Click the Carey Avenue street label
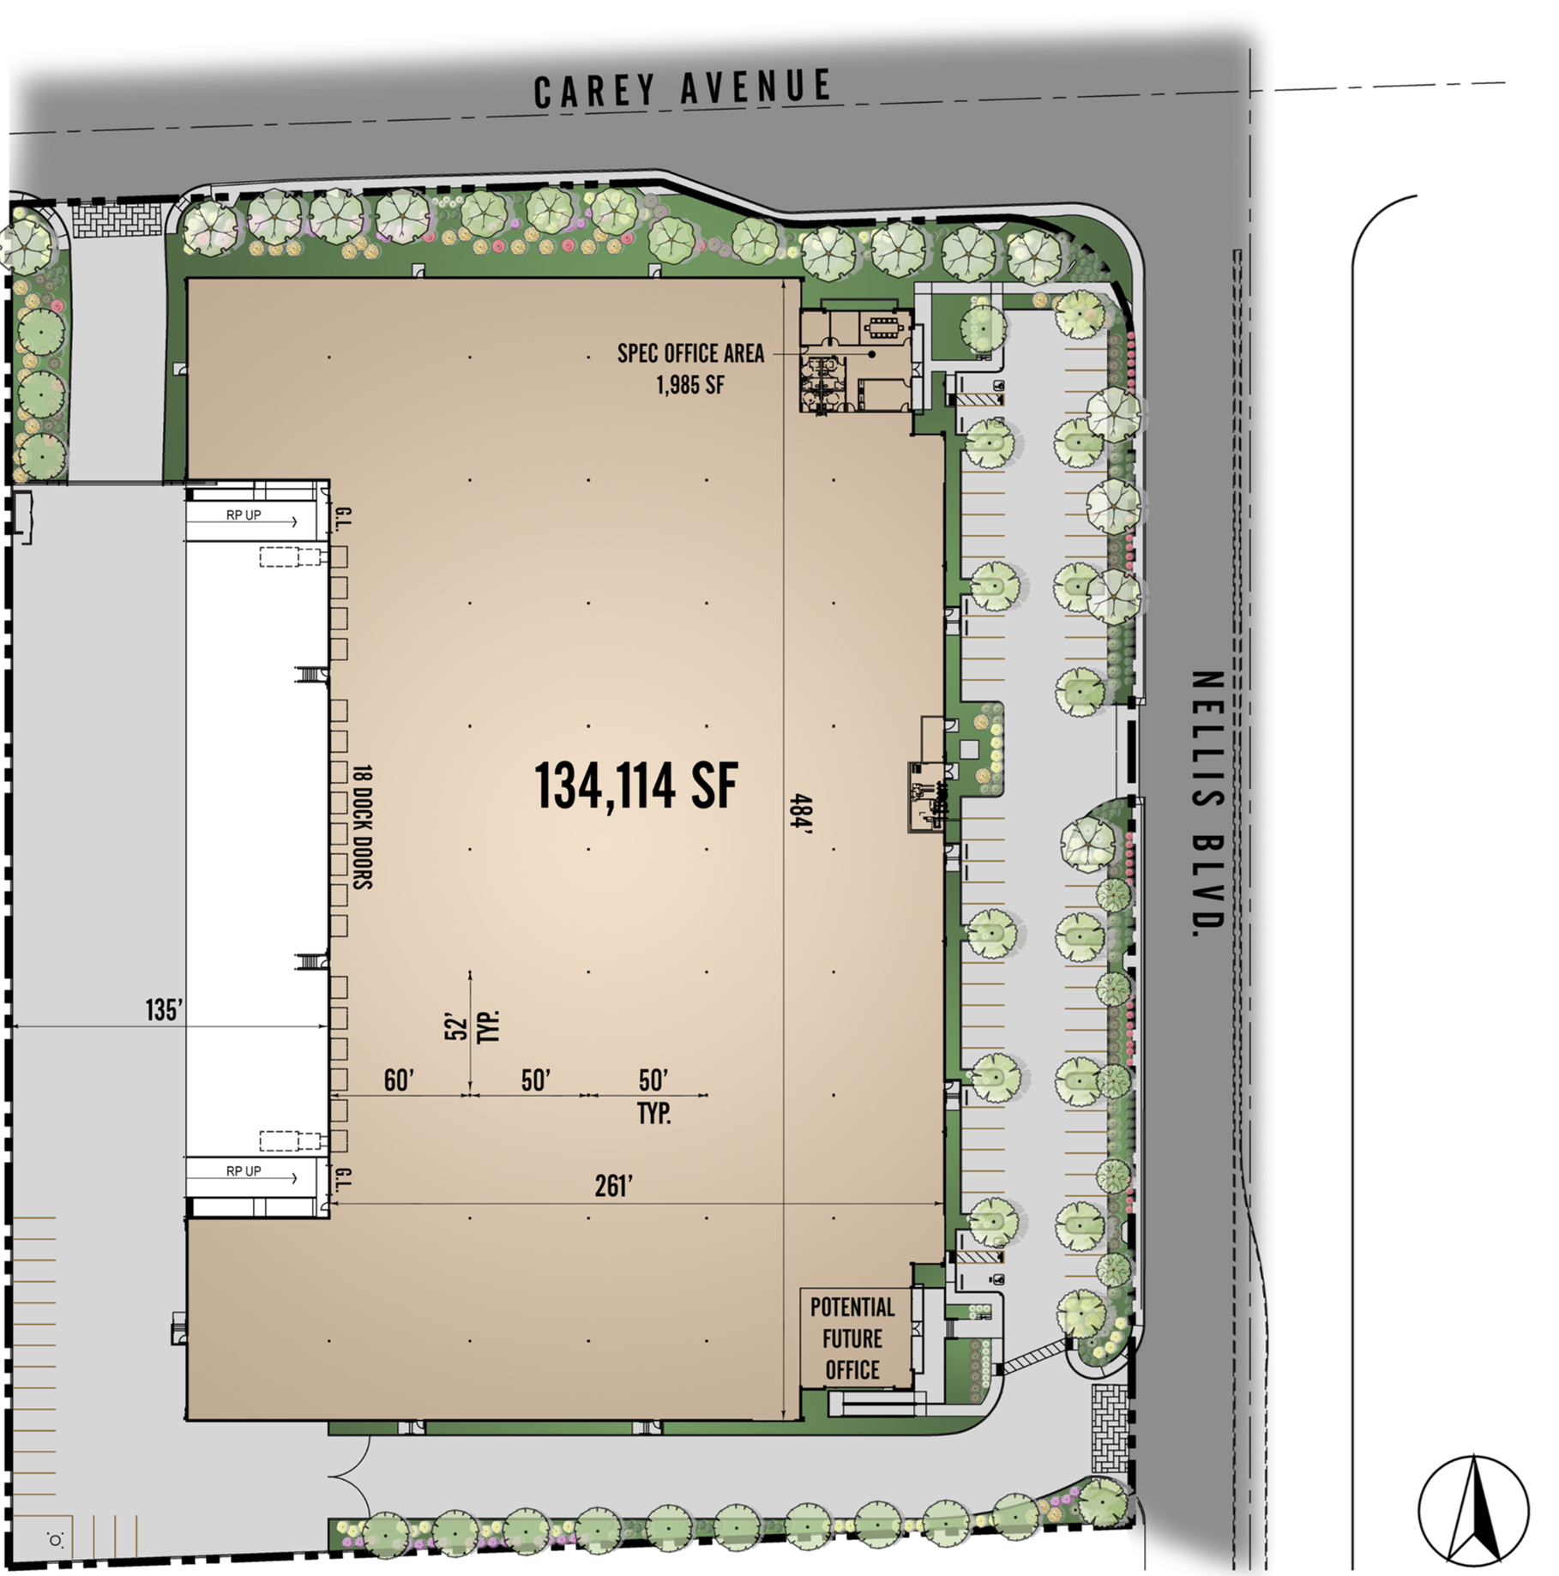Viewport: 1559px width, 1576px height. coord(683,88)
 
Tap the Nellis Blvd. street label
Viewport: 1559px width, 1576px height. coord(1207,803)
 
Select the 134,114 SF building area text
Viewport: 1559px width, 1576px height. coord(635,785)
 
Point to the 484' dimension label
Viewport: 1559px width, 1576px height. coord(801,814)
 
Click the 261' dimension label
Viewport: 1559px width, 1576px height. coord(613,1186)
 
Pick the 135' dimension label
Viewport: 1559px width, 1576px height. coord(163,1010)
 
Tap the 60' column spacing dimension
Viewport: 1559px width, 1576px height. coord(399,1080)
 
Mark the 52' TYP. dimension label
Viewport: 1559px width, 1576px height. coord(472,1026)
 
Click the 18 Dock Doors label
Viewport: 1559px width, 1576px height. coord(363,827)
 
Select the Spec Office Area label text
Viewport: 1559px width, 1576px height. coord(690,353)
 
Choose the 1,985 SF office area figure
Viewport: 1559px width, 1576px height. coord(690,385)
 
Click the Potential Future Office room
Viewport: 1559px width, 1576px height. coord(854,1338)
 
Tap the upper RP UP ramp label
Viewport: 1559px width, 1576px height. coord(244,515)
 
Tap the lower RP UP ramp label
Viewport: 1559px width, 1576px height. coord(244,1171)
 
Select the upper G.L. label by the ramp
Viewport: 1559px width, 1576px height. coord(342,518)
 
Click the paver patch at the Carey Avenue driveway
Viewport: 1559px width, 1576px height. coord(117,220)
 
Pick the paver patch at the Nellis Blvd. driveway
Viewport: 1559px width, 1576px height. coord(1110,1429)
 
